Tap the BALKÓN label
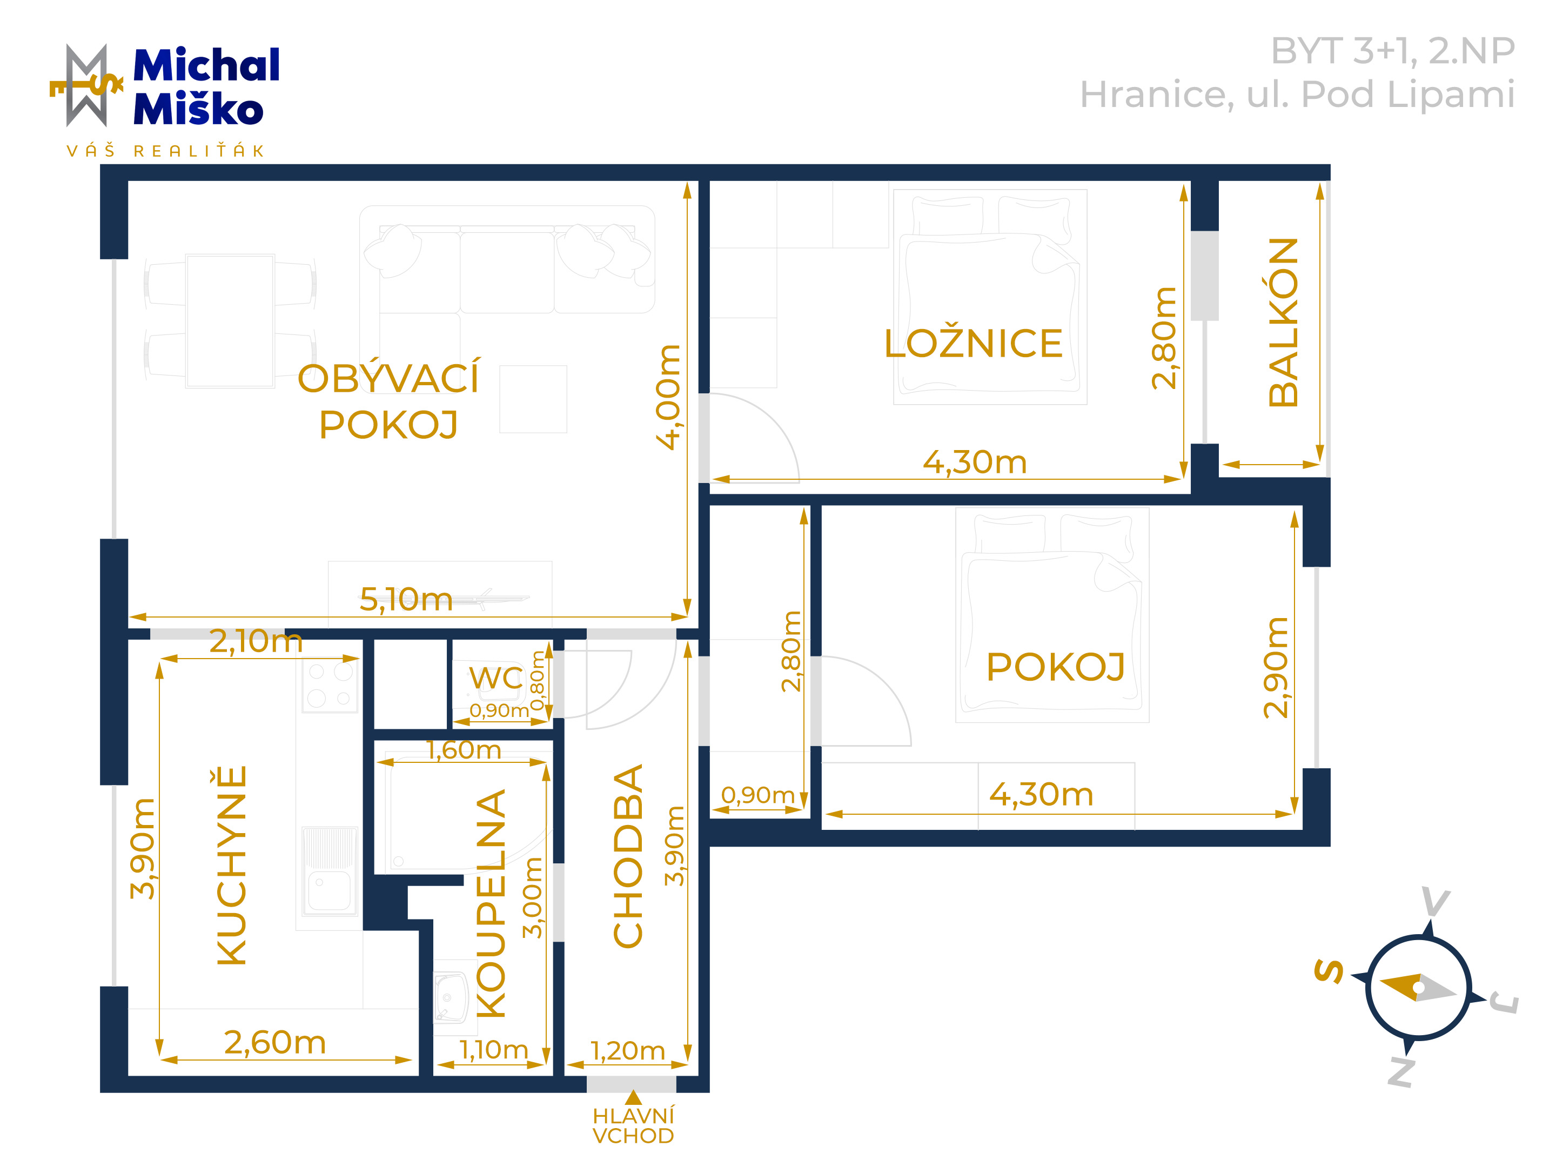pos(1283,322)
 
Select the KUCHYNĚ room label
pos(231,865)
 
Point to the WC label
pos(496,678)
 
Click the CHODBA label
pos(628,856)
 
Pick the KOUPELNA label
pos(491,904)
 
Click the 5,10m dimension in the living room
pos(406,599)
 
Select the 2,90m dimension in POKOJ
pos(1276,668)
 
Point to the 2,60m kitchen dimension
pos(275,1043)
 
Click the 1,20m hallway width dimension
pos(627,1051)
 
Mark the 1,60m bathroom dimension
pos(464,750)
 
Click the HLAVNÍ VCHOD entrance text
pos(633,1125)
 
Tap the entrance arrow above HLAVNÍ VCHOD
pos(633,1097)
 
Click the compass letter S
pos(1329,971)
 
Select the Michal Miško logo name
pos(206,86)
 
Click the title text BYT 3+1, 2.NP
pos(1392,51)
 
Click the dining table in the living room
pos(230,321)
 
